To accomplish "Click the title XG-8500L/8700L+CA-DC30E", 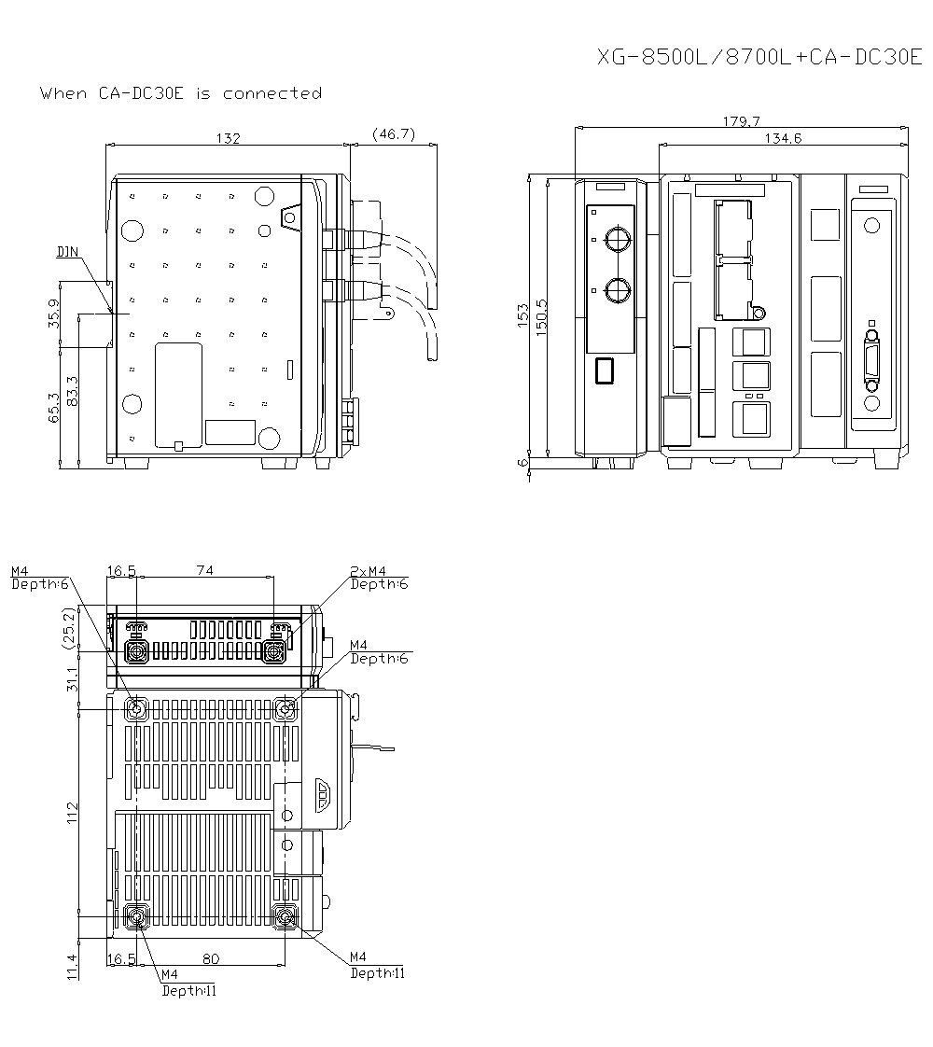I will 759,58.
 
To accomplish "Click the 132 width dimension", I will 229,138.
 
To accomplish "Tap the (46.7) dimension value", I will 393,134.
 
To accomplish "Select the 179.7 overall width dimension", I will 742,121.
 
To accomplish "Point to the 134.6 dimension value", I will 783,138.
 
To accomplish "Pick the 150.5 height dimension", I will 541,315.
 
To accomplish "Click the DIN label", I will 67,252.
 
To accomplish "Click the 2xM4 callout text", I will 368,571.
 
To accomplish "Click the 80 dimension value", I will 210,958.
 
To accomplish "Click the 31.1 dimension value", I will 71,677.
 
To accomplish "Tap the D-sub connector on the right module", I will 872,364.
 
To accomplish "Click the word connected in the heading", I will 272,93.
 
